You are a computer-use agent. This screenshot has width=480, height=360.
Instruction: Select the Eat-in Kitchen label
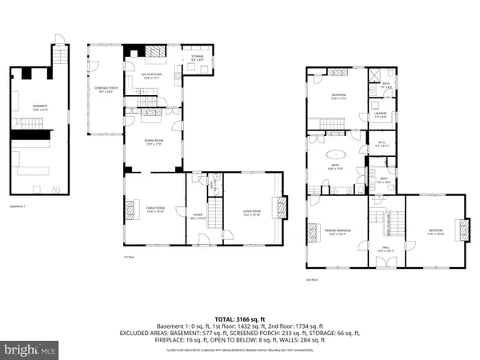click(148, 75)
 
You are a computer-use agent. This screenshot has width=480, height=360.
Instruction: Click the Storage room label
click(197, 58)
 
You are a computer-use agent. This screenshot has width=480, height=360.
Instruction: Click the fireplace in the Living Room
click(278, 210)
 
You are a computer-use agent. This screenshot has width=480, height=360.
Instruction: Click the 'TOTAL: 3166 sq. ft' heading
click(240, 319)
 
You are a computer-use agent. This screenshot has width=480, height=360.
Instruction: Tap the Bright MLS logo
click(30, 349)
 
